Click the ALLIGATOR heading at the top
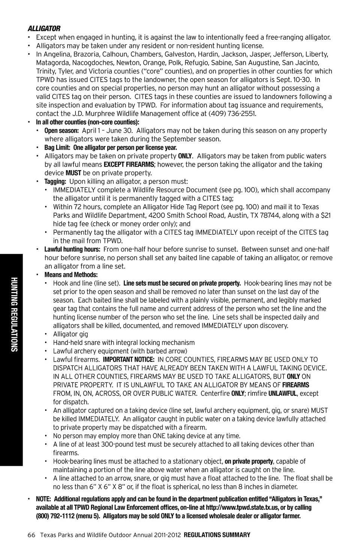44,29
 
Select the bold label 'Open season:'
61,130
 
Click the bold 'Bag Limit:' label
57,147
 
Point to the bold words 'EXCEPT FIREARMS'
129,164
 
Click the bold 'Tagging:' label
55,181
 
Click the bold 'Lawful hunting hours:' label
72,249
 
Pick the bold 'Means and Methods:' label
71,275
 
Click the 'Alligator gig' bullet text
70,334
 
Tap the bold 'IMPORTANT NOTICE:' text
129,360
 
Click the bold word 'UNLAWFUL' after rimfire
282,393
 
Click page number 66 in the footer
31,535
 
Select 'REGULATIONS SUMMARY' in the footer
217,535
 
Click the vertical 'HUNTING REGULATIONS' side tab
13,314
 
